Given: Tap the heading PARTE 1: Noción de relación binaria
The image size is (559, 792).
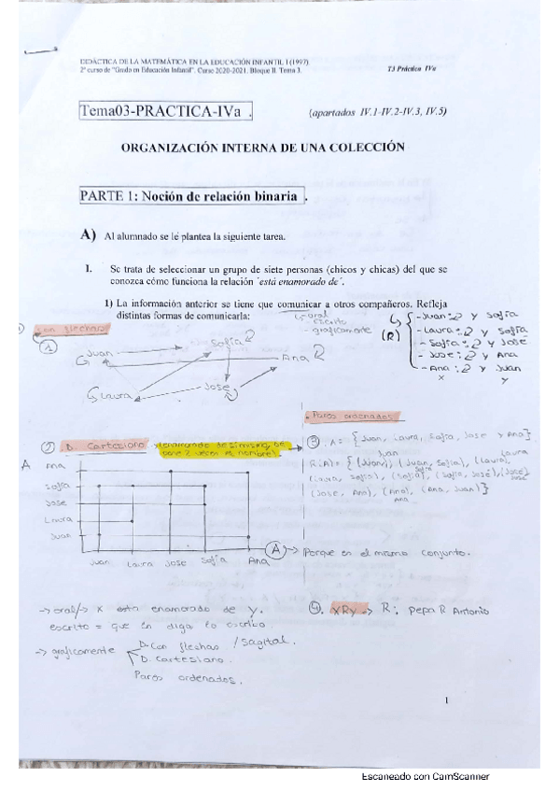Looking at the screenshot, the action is pos(191,196).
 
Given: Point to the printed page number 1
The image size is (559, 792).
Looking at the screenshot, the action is pos(448,699).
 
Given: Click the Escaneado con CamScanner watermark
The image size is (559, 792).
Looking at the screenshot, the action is pos(425,776).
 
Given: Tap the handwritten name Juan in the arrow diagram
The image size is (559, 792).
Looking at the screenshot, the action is pos(101,354).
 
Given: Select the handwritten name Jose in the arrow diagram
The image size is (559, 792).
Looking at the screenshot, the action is pos(217,385).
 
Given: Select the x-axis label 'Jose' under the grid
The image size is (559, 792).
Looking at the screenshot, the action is pos(175,564).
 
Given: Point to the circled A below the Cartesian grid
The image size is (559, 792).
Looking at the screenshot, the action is pos(275,550).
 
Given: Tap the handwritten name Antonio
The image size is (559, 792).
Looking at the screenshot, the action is pos(464,610).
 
